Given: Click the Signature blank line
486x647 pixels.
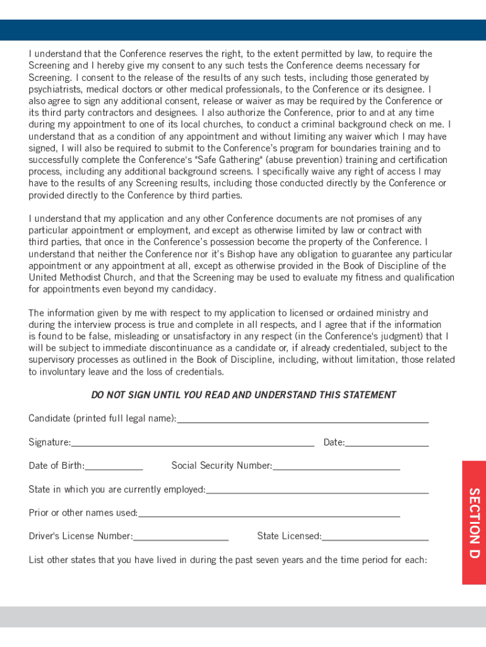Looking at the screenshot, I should pos(193,442).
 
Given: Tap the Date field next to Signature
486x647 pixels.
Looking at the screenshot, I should pos(387,442).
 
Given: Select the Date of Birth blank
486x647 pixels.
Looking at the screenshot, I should pos(114,466).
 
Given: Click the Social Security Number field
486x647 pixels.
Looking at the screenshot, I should pos(336,466).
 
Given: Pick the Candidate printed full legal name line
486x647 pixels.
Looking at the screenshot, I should pos(303,418).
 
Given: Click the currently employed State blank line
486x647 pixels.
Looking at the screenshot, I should pos(317,490).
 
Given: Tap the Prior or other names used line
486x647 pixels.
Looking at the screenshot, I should pos(269,513).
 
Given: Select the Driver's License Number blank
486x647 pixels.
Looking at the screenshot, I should pos(181,536).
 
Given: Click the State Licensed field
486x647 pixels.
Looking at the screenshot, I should pos(376,536).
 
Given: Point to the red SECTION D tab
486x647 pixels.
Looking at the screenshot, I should pos(474,523).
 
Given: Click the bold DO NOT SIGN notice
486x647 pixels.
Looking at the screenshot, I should pos(244,395).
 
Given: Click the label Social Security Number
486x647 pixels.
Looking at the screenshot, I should pos(222,466).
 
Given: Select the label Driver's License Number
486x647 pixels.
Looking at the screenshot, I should pos(80,536).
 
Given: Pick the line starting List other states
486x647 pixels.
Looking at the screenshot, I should pos(228,560).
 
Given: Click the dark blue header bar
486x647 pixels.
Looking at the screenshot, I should pos(243,30).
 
